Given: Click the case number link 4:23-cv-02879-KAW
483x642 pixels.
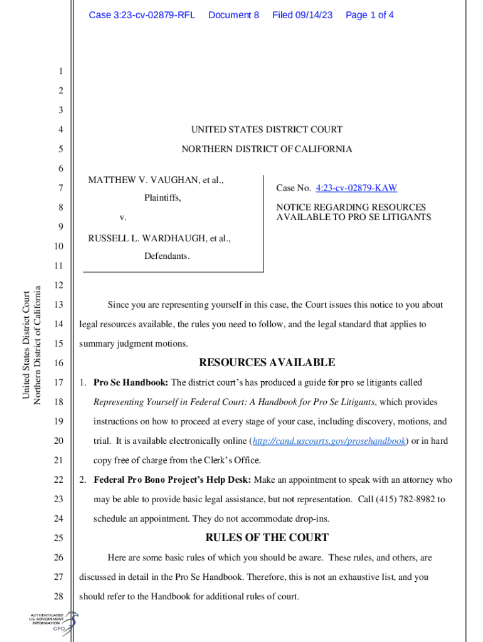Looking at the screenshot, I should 356,188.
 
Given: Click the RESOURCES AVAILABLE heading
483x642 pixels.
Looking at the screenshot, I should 267,362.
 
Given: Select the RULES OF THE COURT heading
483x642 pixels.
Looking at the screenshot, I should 267,537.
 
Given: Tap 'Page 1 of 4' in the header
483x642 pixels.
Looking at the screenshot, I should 369,14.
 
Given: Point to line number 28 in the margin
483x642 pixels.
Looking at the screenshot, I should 60,596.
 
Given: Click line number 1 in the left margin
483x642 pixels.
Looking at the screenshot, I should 60,71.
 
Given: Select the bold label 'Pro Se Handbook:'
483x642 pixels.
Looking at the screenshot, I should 130,382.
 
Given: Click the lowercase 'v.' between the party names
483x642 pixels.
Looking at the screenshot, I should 123,218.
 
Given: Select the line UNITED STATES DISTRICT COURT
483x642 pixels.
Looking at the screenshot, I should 267,130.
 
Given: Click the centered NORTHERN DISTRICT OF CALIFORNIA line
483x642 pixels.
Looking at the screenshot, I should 267,149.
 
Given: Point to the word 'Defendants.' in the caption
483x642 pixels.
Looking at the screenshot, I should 167,256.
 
